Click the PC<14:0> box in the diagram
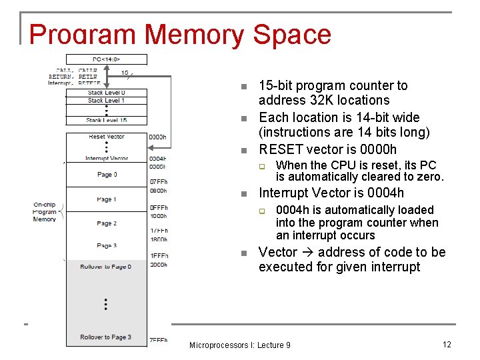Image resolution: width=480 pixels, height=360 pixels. point(106,59)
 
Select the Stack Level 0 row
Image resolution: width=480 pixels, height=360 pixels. point(106,93)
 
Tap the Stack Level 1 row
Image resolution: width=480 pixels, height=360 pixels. point(106,101)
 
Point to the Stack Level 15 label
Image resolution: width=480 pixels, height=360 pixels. point(106,120)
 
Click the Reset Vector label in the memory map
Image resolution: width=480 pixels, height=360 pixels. point(106,137)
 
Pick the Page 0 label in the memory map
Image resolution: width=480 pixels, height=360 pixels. point(106,175)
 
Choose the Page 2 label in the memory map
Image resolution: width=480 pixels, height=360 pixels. point(106,223)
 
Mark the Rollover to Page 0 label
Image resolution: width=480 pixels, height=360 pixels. point(106,267)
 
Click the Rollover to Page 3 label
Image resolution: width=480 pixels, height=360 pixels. point(106,337)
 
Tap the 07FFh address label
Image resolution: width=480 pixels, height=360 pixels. point(159,181)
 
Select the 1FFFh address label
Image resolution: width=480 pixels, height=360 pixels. point(159,256)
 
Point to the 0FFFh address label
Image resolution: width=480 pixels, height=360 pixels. point(159,207)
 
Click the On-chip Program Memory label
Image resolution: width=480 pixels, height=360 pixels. point(45,211)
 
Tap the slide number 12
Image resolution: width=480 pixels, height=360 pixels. point(447,344)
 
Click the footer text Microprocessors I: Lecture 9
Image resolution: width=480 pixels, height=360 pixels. point(239,345)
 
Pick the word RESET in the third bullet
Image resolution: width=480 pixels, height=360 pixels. point(281,149)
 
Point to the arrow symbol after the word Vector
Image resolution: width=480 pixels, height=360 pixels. point(307,252)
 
